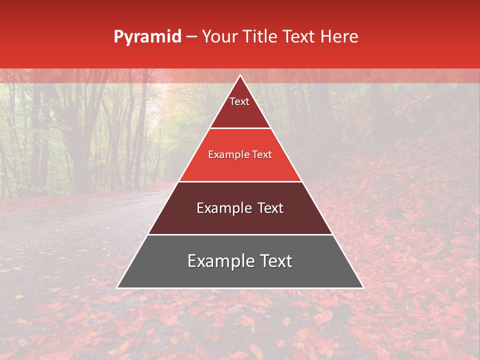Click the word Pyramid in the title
(x=147, y=37)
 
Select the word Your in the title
(x=218, y=37)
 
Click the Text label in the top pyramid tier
(x=239, y=101)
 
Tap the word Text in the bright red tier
(x=262, y=155)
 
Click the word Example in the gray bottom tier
(x=218, y=261)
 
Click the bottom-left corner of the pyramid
(x=117, y=287)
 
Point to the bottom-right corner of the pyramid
(x=363, y=287)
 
